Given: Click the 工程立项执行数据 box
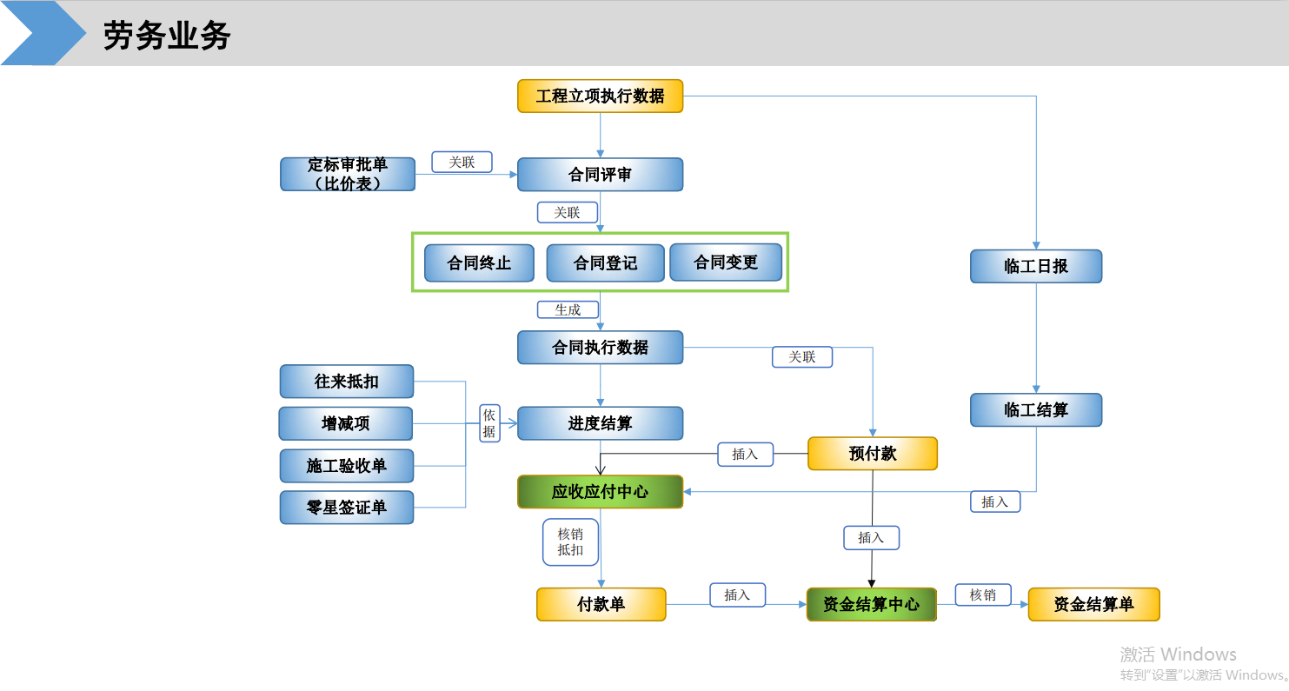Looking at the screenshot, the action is pos(601,96).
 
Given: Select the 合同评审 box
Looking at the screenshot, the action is pos(601,175).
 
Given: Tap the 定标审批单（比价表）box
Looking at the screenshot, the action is pos(348,174).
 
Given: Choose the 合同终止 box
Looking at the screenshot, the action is pos(479,263).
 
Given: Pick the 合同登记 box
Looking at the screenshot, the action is pos(605,263).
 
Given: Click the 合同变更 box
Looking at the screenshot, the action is pos(726,262).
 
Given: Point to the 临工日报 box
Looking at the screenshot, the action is pos(1036,266).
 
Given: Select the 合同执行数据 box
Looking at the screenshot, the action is pos(601,348).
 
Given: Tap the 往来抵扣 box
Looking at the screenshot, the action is pos(347,382).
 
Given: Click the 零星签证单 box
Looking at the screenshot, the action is pos(347,508).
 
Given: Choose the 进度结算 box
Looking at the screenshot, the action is pos(601,423).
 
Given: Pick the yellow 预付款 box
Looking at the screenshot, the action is pos(873,454).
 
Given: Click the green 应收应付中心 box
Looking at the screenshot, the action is pos(601,492).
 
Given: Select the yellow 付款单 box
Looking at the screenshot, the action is pos(601,604).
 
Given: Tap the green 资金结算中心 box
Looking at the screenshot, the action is pos(871,604).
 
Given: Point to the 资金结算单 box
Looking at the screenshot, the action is pos(1094,604).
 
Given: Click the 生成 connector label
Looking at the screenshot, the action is pos(568,310).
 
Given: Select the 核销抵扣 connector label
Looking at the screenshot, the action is pos(570,542).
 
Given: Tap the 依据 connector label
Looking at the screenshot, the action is pos(489,423).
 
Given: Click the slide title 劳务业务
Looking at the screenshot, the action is pos(167,35).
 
